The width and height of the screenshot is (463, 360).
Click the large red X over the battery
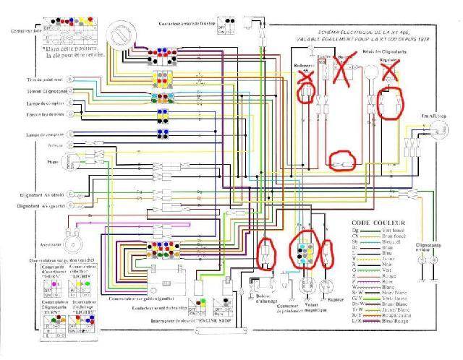pyautogui.click(x=344, y=69)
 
